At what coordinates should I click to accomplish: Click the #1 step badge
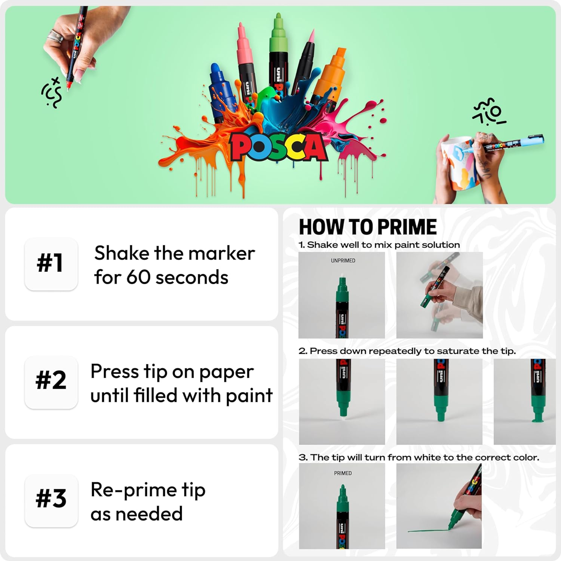(x=51, y=263)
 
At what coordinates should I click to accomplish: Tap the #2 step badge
(x=51, y=381)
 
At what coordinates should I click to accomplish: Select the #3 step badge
(x=51, y=500)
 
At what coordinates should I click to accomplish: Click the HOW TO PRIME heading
(x=368, y=227)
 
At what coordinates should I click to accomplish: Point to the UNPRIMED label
(x=343, y=261)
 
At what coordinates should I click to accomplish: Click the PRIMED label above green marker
(x=343, y=473)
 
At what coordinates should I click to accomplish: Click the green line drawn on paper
(x=426, y=530)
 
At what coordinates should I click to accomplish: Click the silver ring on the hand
(x=55, y=36)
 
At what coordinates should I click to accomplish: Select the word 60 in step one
(x=138, y=278)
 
